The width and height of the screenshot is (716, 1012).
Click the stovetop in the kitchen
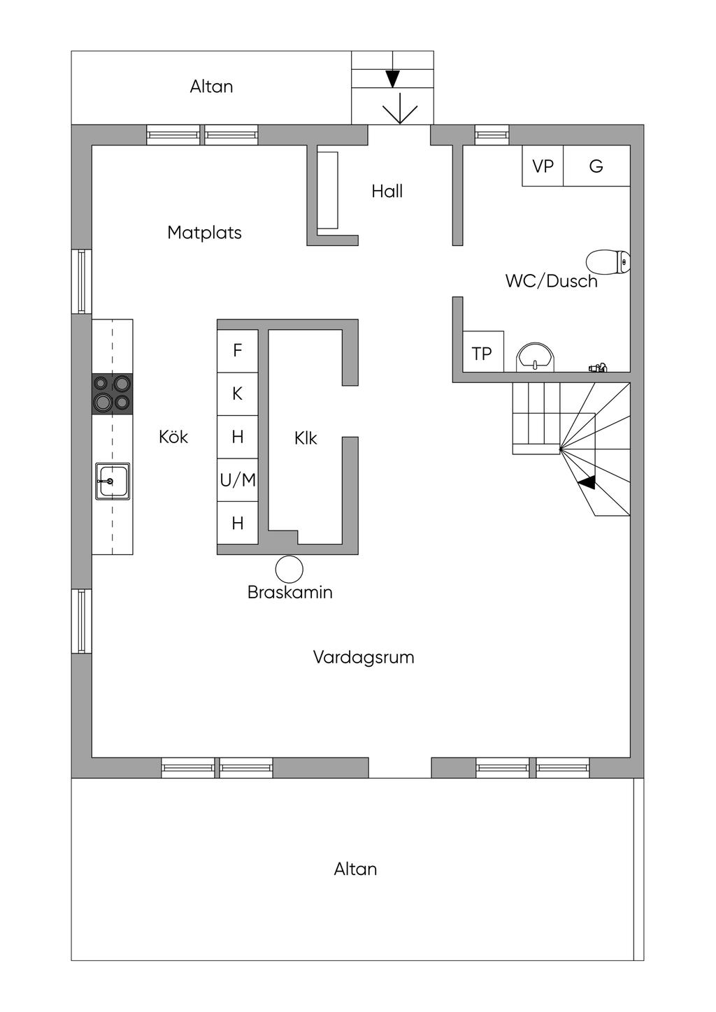tap(113, 393)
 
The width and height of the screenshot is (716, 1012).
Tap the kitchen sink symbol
tap(112, 481)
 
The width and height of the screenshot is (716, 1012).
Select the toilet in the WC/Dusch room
tap(608, 262)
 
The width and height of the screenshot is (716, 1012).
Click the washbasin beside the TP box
tap(536, 357)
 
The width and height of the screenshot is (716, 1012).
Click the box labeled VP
tap(543, 166)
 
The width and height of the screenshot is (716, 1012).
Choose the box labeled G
tap(596, 166)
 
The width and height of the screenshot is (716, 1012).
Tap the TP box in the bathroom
tap(482, 353)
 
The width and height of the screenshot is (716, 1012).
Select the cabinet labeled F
tap(238, 350)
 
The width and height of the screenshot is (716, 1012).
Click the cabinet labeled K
tap(238, 393)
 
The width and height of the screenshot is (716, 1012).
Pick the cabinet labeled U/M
tap(238, 480)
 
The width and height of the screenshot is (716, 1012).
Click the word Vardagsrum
tap(364, 657)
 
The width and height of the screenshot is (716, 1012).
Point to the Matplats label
tap(204, 232)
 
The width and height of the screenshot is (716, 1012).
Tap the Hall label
tap(387, 191)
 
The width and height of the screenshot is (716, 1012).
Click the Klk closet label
tap(306, 438)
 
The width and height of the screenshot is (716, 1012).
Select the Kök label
tap(173, 437)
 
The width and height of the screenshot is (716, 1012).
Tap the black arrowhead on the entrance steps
tap(392, 78)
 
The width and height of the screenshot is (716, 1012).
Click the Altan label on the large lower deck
tap(355, 869)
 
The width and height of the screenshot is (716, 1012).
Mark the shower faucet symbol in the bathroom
tap(598, 367)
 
